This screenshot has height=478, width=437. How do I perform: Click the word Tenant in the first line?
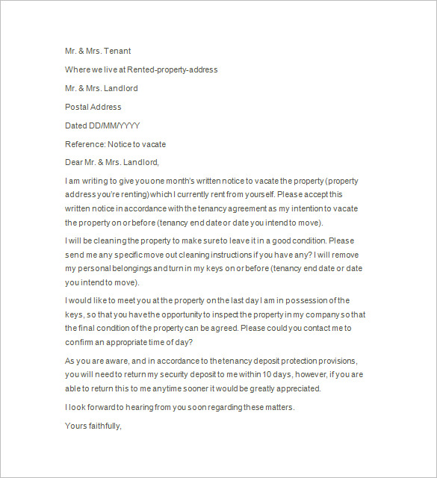(116, 51)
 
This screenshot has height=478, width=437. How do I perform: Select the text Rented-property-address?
(173, 69)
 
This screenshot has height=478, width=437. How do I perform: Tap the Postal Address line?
(93, 107)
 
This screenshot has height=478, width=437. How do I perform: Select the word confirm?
(80, 341)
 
